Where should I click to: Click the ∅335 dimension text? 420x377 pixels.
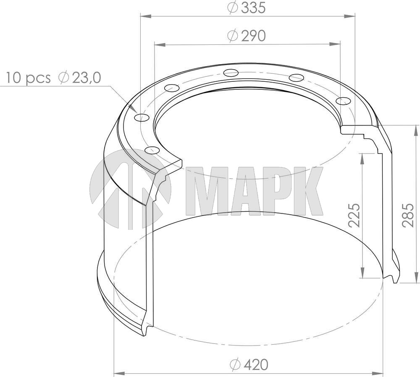click(247, 8)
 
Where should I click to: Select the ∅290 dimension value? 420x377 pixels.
click(247, 36)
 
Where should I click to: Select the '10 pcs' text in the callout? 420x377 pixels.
click(28, 78)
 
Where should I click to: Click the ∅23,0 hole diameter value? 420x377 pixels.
click(79, 78)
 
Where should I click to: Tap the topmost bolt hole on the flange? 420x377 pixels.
click(231, 73)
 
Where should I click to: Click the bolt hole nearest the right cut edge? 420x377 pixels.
click(343, 101)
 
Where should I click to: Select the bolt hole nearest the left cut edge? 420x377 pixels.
click(151, 150)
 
